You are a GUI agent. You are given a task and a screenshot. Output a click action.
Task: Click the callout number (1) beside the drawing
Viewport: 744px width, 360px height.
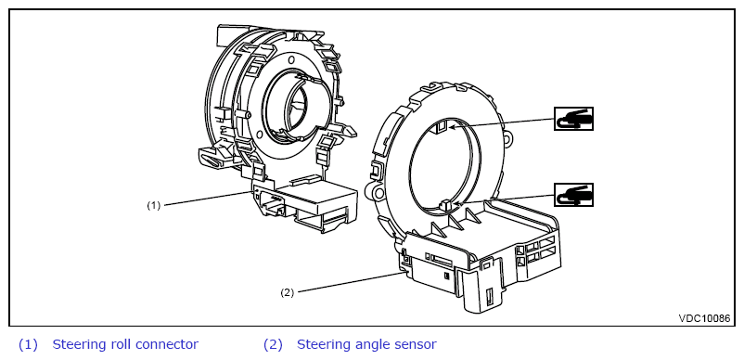153,206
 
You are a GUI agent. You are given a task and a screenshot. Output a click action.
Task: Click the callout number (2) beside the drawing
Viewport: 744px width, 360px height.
287,292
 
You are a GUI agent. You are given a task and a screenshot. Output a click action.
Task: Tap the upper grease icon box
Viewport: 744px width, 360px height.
573,119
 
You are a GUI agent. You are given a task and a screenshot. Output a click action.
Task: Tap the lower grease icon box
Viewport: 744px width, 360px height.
573,195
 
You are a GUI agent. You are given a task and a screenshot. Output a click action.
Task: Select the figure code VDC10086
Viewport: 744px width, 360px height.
704,318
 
